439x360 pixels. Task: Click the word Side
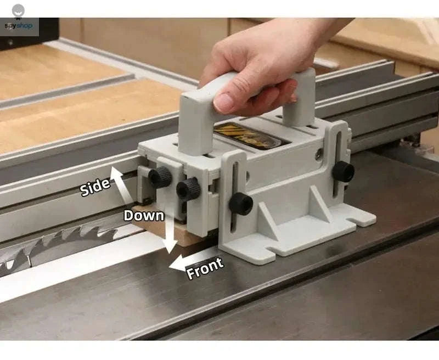click(95, 187)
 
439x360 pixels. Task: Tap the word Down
click(144, 215)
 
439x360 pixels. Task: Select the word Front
click(205, 267)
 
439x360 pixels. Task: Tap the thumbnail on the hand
click(224, 102)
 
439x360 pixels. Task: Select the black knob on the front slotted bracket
click(241, 204)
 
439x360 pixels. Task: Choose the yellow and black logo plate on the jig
click(245, 133)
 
